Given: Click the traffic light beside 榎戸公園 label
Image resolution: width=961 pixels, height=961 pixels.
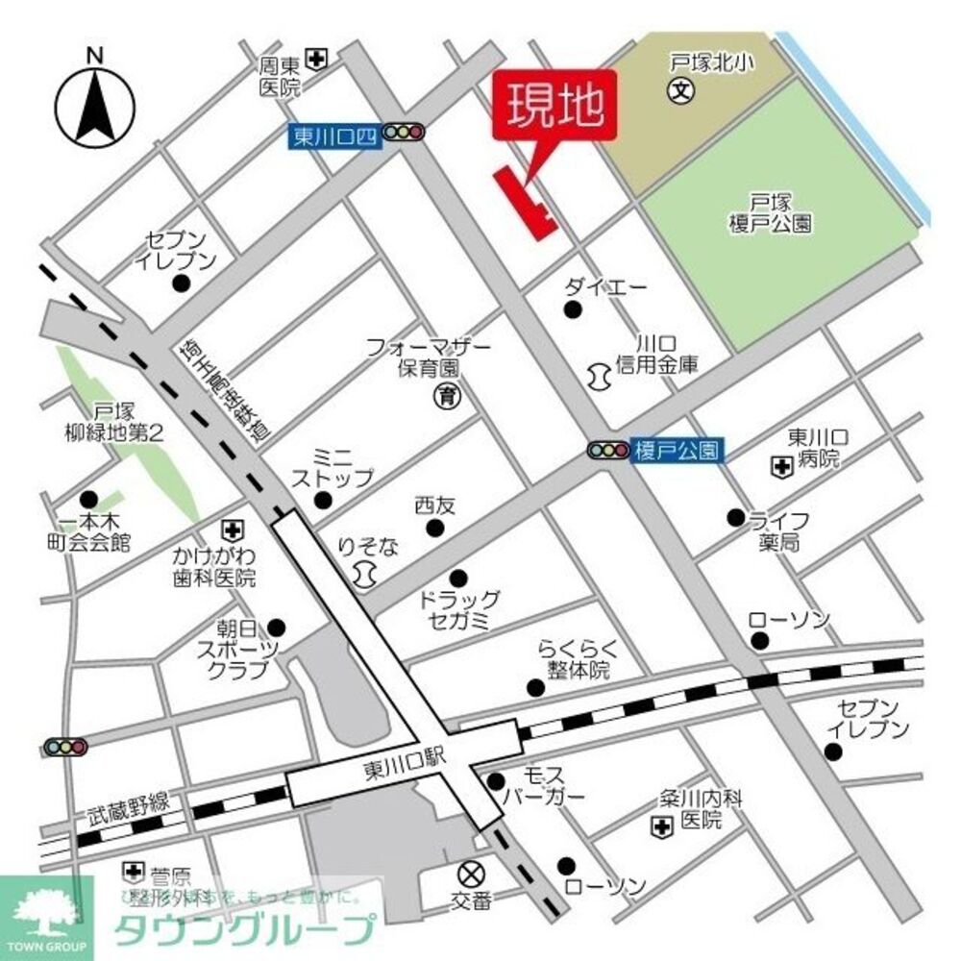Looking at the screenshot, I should (x=607, y=450).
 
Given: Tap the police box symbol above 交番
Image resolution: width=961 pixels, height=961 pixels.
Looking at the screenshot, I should (x=471, y=875).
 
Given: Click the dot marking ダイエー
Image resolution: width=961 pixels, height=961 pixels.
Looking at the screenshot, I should (x=573, y=308).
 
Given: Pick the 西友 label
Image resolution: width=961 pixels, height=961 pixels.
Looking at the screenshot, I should (x=434, y=504).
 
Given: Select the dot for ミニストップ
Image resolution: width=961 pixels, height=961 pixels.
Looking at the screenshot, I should (x=323, y=499).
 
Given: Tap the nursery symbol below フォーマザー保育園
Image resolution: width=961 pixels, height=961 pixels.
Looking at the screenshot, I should (x=445, y=395).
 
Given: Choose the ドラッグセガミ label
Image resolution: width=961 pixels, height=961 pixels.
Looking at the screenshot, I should (x=459, y=610).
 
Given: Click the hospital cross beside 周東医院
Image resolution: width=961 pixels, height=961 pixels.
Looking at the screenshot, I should (x=316, y=60).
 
